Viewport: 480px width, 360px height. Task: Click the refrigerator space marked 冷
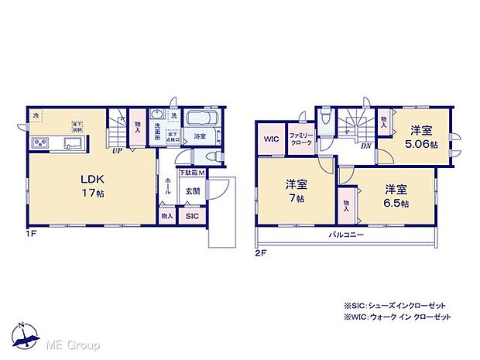coord(36,116)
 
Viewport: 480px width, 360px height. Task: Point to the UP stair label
coord(117,152)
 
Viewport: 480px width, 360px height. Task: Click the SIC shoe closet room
coord(191,217)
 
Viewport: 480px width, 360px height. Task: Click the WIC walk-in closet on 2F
coord(270,139)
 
